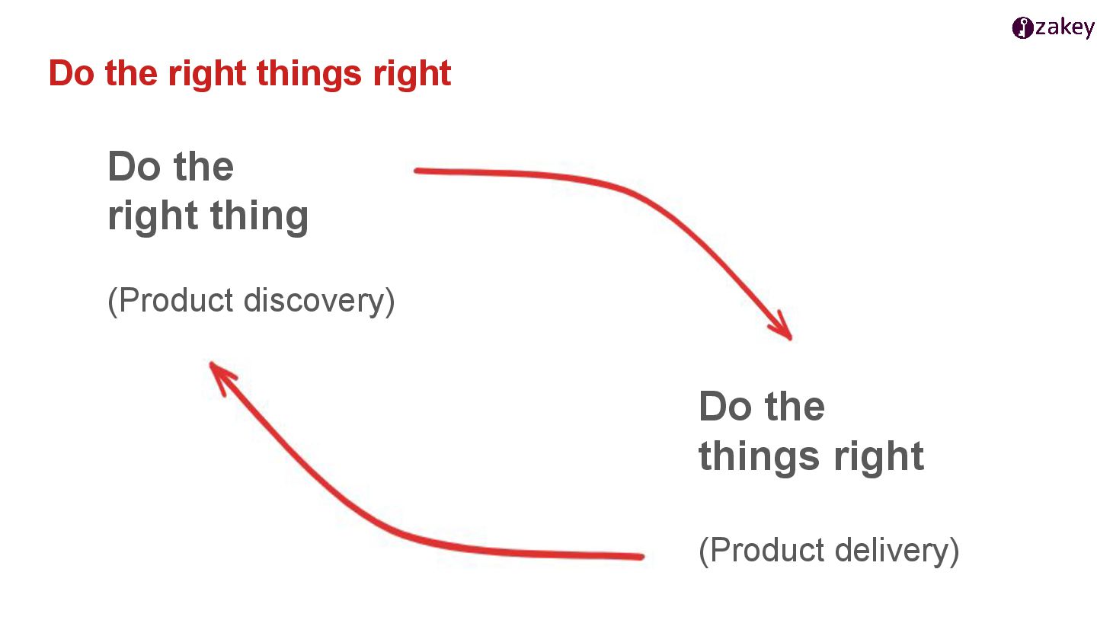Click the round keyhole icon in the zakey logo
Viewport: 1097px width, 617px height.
click(1022, 28)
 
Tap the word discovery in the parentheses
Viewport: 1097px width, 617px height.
click(319, 301)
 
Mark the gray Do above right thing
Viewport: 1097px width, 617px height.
click(133, 166)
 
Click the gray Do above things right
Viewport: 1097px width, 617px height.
click(724, 407)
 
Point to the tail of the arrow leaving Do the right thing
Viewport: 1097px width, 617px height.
click(418, 171)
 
